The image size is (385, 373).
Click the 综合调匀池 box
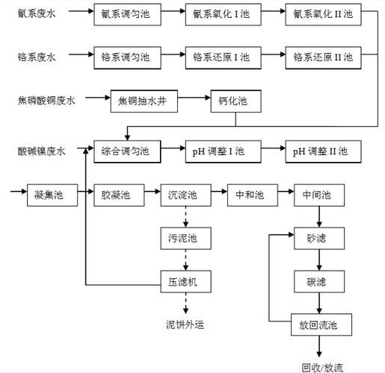pos(126,151)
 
